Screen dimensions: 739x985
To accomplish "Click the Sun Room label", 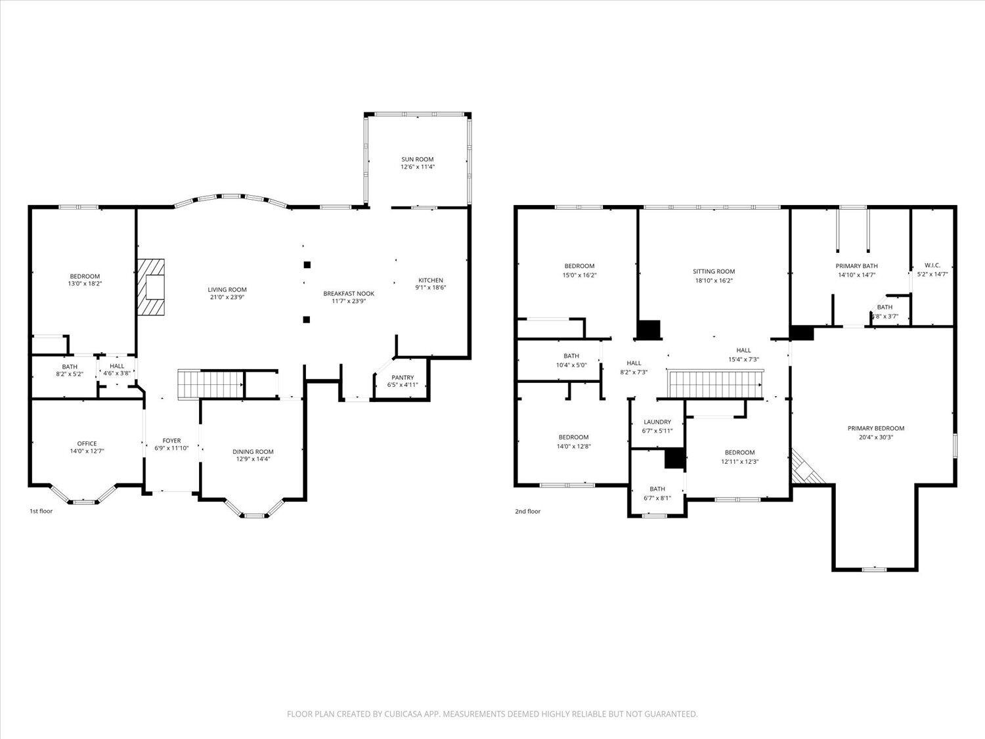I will (418, 159).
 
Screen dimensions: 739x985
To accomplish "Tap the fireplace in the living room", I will (152, 288).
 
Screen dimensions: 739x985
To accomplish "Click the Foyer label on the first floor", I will (171, 440).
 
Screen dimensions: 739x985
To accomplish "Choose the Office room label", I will (87, 443).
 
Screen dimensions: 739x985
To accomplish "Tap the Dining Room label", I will (253, 451).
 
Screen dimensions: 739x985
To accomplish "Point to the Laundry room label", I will (657, 422).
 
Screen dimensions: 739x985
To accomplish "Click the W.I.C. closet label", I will (932, 265).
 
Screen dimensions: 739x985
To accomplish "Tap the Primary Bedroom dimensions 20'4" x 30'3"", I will (876, 437).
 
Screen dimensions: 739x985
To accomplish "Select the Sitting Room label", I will (714, 271).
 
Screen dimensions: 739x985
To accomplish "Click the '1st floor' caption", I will (41, 510).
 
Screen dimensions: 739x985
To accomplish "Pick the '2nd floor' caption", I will (527, 510).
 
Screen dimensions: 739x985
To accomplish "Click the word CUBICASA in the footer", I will (401, 714).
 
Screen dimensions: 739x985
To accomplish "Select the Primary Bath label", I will (856, 266).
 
